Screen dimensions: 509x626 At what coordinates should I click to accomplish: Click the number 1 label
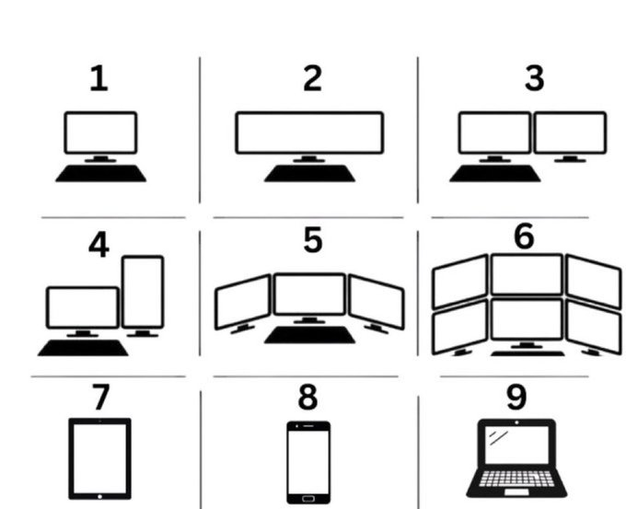pyautogui.click(x=98, y=79)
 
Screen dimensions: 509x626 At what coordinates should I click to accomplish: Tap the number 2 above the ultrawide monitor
pyautogui.click(x=313, y=79)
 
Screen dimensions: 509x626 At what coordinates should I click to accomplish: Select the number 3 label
pyautogui.click(x=534, y=79)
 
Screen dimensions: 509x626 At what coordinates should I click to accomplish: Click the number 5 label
pyautogui.click(x=313, y=241)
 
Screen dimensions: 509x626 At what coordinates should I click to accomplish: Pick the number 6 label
pyautogui.click(x=523, y=236)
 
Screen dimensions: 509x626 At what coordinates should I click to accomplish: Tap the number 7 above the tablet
pyautogui.click(x=100, y=398)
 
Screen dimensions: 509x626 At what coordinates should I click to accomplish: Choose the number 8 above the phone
pyautogui.click(x=307, y=399)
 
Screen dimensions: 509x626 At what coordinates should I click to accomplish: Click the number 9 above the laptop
pyautogui.click(x=516, y=397)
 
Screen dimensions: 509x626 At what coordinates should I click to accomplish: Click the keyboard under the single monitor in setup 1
pyautogui.click(x=100, y=173)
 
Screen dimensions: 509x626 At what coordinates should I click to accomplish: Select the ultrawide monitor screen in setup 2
pyautogui.click(x=309, y=133)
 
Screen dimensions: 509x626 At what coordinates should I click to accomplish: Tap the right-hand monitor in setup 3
pyautogui.click(x=570, y=133)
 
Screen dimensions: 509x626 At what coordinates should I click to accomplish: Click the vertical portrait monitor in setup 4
pyautogui.click(x=143, y=291)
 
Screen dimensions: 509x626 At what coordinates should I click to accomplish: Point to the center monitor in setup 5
pyautogui.click(x=309, y=295)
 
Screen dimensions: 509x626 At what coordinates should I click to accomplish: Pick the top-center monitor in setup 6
pyautogui.click(x=526, y=274)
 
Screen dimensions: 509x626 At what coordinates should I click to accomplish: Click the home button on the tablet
pyautogui.click(x=100, y=495)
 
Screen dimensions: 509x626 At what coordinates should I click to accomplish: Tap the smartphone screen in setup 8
pyautogui.click(x=307, y=461)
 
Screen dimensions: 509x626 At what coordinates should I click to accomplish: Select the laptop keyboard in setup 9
pyautogui.click(x=516, y=479)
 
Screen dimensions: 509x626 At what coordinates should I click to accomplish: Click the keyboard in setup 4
pyautogui.click(x=82, y=347)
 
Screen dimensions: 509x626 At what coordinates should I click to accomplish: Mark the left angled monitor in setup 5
pyautogui.click(x=243, y=300)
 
